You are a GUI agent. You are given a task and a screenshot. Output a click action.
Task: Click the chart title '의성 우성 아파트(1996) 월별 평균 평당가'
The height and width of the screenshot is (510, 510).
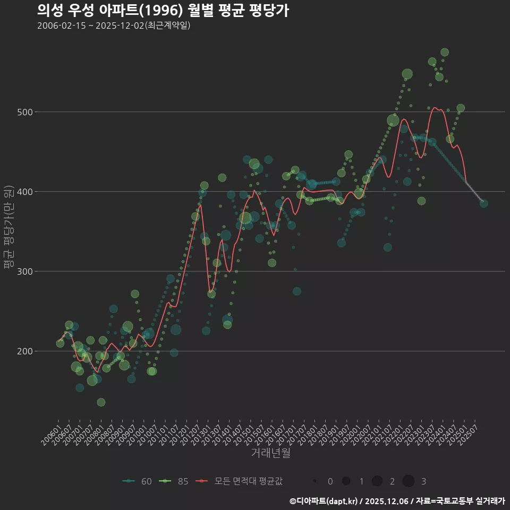point(163,11)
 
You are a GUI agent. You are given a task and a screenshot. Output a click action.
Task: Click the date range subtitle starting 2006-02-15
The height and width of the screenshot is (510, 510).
point(114,26)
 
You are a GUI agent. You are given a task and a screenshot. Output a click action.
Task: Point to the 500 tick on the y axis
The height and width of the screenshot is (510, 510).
point(25,112)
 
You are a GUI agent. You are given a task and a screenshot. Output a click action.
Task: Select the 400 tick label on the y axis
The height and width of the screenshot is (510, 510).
point(25,192)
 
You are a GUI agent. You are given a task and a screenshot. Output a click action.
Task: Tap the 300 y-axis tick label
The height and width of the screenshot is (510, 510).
point(25,271)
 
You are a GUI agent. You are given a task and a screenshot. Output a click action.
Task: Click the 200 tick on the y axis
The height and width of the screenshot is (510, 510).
point(25,351)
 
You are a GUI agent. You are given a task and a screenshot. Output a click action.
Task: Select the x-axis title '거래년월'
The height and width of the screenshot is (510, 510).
point(270,453)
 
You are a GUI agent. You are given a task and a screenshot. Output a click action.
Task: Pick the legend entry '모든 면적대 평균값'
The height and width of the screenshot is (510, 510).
point(239,481)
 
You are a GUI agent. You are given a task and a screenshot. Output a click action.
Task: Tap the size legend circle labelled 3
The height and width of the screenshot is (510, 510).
point(408,481)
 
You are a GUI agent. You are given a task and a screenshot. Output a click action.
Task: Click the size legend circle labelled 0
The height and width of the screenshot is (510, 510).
point(315,481)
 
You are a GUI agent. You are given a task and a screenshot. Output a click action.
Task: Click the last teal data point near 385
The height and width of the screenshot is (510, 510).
point(483,203)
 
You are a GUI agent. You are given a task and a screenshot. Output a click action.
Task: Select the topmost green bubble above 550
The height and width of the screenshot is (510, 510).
point(445,52)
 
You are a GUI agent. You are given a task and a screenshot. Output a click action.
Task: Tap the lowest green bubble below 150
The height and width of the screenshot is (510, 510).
point(101,402)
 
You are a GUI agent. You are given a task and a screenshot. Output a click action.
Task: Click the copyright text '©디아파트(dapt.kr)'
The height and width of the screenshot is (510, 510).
point(323,501)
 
